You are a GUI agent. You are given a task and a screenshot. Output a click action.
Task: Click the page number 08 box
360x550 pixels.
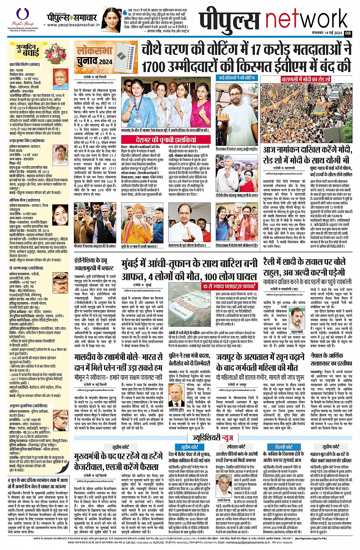tap(348, 33)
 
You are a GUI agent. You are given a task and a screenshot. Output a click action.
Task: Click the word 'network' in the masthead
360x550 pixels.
tap(307, 20)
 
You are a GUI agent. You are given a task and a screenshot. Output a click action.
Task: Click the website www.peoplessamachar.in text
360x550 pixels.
tap(73, 25)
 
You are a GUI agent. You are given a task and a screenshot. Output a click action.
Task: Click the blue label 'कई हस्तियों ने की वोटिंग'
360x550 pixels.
tap(237, 78)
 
